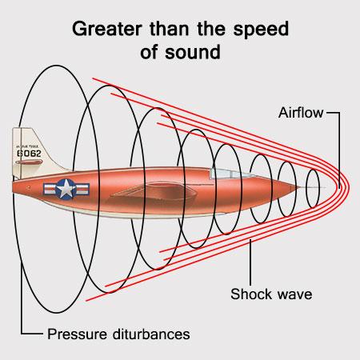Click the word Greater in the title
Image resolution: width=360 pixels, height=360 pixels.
(106, 29)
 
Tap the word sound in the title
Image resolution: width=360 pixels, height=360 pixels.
(193, 52)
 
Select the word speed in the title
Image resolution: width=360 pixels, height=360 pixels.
(261, 30)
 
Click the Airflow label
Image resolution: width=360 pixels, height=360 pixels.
(301, 113)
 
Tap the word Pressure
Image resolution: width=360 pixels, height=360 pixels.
(78, 334)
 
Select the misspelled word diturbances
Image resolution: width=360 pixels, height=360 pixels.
(151, 334)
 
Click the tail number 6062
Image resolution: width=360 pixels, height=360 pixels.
(29, 154)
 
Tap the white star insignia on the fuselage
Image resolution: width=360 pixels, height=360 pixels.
(66, 189)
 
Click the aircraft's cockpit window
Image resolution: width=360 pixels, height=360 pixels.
(230, 174)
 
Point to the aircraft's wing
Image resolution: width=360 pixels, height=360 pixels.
(154, 193)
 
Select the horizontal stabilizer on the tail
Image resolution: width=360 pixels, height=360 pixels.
(29, 162)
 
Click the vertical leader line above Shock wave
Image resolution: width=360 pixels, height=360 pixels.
(250, 262)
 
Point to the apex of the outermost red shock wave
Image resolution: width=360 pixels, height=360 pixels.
(349, 186)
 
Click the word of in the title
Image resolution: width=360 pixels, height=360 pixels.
(149, 52)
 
